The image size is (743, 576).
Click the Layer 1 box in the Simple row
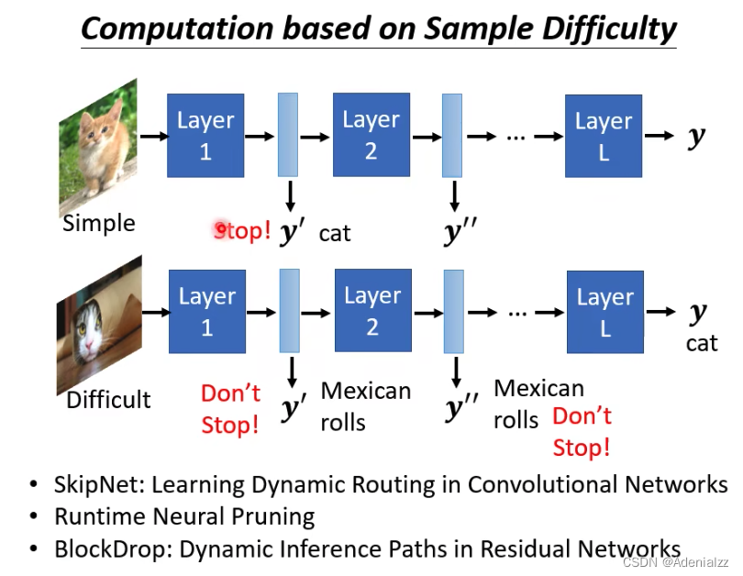click(205, 135)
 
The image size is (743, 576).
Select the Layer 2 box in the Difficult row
click(372, 311)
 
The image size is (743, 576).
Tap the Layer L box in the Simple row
click(604, 136)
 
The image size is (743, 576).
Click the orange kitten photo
click(98, 147)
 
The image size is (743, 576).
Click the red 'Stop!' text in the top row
click(242, 230)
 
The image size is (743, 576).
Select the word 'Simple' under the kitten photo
click(98, 223)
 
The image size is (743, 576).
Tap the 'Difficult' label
click(108, 400)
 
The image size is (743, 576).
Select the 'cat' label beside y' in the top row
click(335, 233)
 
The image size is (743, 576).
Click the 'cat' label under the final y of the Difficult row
click(702, 343)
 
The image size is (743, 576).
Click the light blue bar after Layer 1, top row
click(288, 134)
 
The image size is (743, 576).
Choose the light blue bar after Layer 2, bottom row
click(453, 311)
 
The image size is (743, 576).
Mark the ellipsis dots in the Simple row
click(516, 136)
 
